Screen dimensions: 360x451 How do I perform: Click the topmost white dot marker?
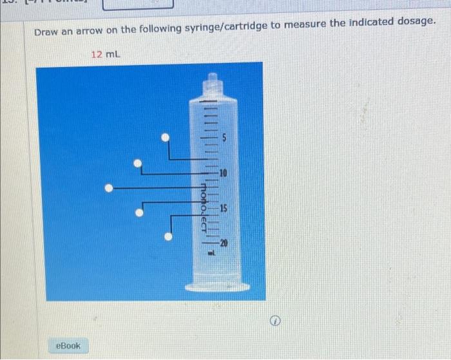pyautogui.click(x=166, y=137)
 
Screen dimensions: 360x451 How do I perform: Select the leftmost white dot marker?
pyautogui.click(x=110, y=188)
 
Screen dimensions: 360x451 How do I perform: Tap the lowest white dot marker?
pyautogui.click(x=168, y=236)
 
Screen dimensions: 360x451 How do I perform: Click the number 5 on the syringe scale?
pyautogui.click(x=225, y=137)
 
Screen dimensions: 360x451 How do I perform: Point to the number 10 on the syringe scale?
pyautogui.click(x=223, y=173)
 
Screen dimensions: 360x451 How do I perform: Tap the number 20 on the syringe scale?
pyautogui.click(x=224, y=243)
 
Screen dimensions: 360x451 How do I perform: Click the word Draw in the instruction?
pyautogui.click(x=46, y=31)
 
